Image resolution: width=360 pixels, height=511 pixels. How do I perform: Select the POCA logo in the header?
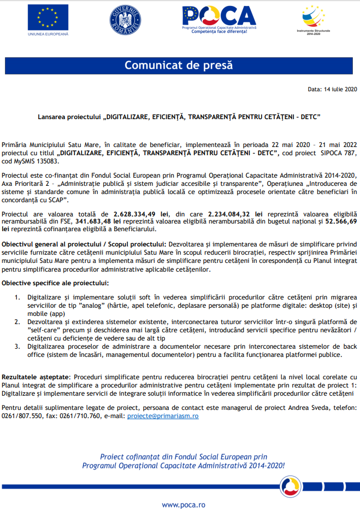coord(219,19)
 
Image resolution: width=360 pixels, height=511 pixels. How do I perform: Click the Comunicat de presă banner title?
coord(179,66)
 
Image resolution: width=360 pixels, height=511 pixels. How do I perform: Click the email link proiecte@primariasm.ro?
coord(162,415)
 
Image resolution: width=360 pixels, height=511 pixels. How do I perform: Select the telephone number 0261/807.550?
coord(20,415)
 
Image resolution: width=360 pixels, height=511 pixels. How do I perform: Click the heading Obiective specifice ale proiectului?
coord(55,283)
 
